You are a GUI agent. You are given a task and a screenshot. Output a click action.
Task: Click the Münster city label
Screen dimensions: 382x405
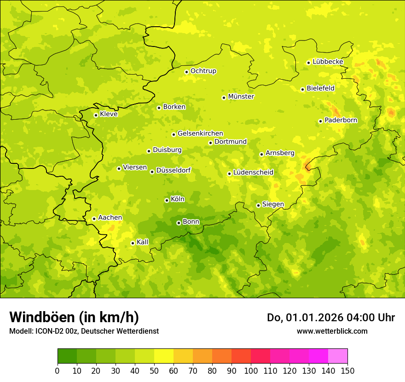[241, 97]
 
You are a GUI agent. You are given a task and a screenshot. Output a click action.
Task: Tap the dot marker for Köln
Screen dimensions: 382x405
[167, 200]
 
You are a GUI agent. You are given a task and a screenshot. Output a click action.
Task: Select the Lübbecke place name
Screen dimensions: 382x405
[328, 62]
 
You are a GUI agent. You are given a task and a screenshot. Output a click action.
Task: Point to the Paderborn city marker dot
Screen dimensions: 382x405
[320, 121]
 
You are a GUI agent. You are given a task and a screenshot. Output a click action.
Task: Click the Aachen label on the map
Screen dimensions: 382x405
[110, 218]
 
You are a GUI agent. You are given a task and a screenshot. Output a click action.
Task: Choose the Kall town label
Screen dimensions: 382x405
[142, 242]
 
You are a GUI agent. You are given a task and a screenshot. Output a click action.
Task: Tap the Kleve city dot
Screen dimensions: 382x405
[96, 115]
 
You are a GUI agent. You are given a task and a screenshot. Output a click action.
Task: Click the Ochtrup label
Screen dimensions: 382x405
[203, 71]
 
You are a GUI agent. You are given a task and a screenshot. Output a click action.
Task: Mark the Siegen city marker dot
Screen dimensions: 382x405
[258, 205]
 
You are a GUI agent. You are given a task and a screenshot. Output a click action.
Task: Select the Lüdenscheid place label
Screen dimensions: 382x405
[253, 173]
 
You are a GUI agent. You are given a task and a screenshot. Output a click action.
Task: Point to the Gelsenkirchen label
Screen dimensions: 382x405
[200, 133]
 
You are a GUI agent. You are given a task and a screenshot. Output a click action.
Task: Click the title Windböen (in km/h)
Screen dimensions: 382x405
[74, 317]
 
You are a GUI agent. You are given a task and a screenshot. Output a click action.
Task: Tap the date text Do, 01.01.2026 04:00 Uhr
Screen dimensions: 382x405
[331, 318]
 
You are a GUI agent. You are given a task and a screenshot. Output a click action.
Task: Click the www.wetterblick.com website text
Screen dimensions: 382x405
[332, 331]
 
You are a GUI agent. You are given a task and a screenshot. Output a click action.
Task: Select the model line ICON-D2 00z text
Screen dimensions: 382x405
[84, 331]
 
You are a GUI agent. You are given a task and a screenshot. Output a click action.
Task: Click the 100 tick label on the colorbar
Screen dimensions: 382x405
[251, 370]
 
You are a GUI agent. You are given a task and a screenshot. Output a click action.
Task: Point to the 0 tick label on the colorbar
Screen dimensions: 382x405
[58, 370]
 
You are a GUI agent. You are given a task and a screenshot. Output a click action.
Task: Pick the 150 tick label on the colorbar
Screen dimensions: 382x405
[347, 370]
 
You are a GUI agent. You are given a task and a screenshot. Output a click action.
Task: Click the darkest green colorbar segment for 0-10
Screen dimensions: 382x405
[67, 356]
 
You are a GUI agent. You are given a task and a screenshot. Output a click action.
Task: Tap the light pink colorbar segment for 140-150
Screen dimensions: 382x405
[338, 356]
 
